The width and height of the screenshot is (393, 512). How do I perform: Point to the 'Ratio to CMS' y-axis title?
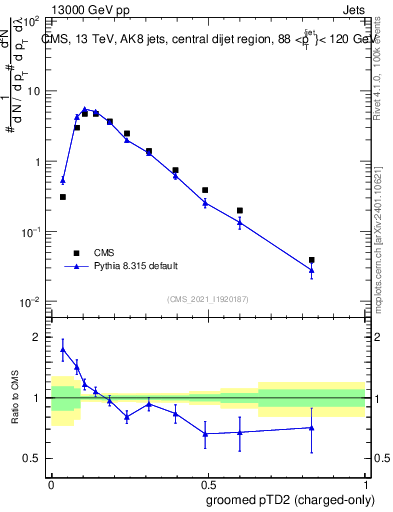click(x=15, y=397)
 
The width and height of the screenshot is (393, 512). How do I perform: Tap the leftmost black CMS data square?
click(x=63, y=197)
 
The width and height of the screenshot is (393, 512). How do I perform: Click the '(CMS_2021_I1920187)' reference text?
click(x=208, y=299)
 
